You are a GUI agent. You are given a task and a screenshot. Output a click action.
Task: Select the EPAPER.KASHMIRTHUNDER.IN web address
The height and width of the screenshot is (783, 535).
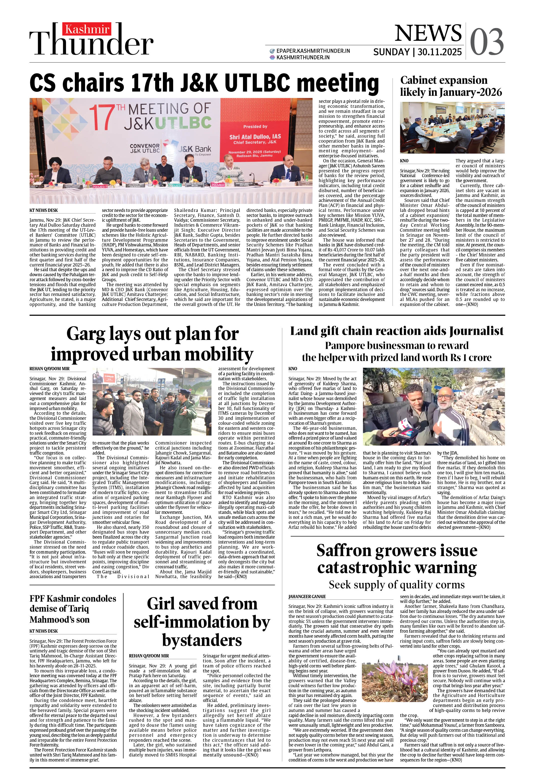313,51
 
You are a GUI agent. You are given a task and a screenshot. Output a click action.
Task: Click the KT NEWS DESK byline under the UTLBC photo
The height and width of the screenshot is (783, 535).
44,210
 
